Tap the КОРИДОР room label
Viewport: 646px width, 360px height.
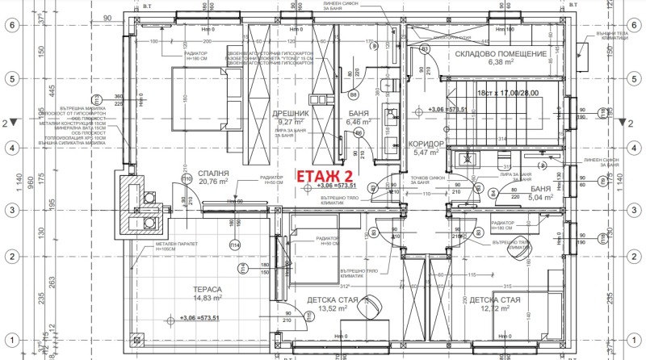click(x=428, y=143)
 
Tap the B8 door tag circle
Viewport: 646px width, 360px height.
click(x=353, y=94)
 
